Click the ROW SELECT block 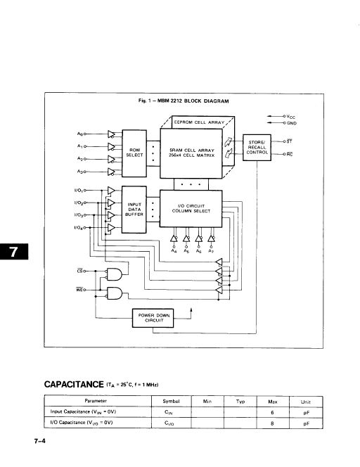(x=134, y=153)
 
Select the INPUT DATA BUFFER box (x=134, y=210)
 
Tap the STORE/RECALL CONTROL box (x=257, y=148)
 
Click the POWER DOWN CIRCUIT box (x=153, y=318)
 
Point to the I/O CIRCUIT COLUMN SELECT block (x=191, y=208)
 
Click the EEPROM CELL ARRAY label (x=199, y=122)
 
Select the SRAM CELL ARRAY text (x=192, y=151)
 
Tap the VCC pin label (x=290, y=117)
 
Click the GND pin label (x=292, y=123)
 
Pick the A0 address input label (x=80, y=134)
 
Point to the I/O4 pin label (x=79, y=228)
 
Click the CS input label (x=79, y=271)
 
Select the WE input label (x=79, y=290)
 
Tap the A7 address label (x=211, y=251)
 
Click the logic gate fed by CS (x=115, y=274)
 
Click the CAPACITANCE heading (x=74, y=384)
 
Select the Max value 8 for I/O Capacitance (x=272, y=423)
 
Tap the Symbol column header (x=171, y=401)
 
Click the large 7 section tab (x=13, y=252)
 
